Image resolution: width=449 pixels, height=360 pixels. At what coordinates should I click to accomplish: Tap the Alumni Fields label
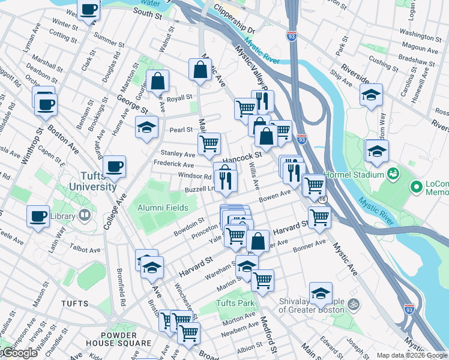pos(163,208)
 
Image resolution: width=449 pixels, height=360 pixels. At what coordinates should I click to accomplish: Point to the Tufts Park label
pos(235,303)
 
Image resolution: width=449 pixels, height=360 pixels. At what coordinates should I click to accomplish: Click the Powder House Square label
pos(127,339)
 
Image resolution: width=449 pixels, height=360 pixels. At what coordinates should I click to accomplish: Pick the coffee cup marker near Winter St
pos(89,10)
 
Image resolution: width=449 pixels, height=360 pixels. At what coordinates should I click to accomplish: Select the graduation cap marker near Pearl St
pos(146,127)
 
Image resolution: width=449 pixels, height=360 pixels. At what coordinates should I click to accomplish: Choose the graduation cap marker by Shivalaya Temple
pos(321,293)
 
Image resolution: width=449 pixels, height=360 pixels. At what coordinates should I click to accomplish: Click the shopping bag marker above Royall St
pos(157,80)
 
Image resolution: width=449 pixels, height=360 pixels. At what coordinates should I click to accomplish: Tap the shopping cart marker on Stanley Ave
pos(209,143)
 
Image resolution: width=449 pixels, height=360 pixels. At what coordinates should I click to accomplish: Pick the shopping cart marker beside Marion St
pos(262,279)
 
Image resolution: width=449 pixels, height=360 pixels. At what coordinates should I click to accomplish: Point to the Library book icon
pos(85,214)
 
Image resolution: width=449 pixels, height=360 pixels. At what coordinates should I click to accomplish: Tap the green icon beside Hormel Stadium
pos(394,174)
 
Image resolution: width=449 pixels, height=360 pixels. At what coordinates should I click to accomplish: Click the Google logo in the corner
pos(19,353)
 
